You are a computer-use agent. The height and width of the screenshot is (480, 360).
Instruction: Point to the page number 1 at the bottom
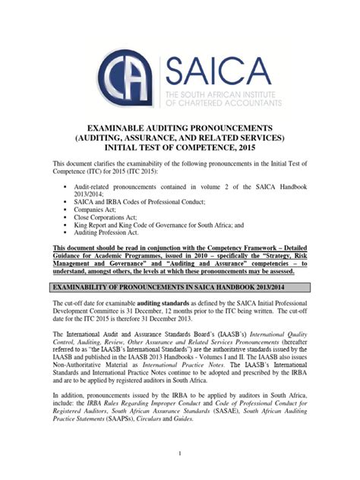coord(180,453)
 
